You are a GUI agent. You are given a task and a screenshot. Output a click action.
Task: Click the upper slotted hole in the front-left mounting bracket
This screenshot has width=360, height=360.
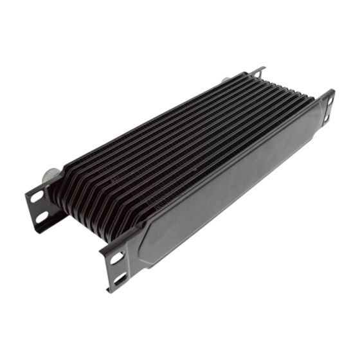pos(117,258)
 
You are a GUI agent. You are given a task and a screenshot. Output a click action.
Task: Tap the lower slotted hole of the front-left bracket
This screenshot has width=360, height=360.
pos(120,278)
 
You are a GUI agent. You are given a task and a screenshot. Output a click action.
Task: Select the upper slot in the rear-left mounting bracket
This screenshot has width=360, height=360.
pos(37,197)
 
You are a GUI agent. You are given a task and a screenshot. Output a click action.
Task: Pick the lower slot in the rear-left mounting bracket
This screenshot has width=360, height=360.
pos(42,217)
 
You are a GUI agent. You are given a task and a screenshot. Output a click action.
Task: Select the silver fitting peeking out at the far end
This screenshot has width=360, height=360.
pos(226,80)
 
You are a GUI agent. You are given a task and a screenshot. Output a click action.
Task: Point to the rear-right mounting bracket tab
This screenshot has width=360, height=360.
pos(257,72)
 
